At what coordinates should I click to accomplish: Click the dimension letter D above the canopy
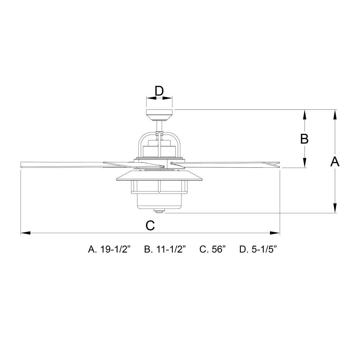coord(159,91)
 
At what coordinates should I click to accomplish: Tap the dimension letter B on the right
coord(304,139)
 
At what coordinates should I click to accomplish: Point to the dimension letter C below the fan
coord(150,225)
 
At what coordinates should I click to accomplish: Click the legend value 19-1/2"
coord(115,249)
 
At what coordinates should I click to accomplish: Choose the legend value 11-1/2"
coord(171,249)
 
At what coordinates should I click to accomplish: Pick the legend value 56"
coord(219,249)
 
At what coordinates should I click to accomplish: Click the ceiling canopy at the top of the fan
coord(159,115)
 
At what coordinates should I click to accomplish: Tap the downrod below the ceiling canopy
coord(159,126)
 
